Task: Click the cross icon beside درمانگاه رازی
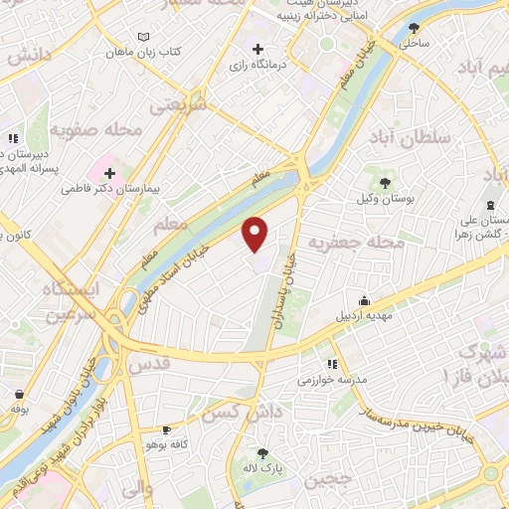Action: [x=258, y=49]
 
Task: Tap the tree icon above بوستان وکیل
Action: [x=384, y=180]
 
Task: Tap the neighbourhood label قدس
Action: [x=150, y=365]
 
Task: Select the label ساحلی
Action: [x=414, y=44]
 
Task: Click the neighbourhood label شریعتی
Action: [x=179, y=104]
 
